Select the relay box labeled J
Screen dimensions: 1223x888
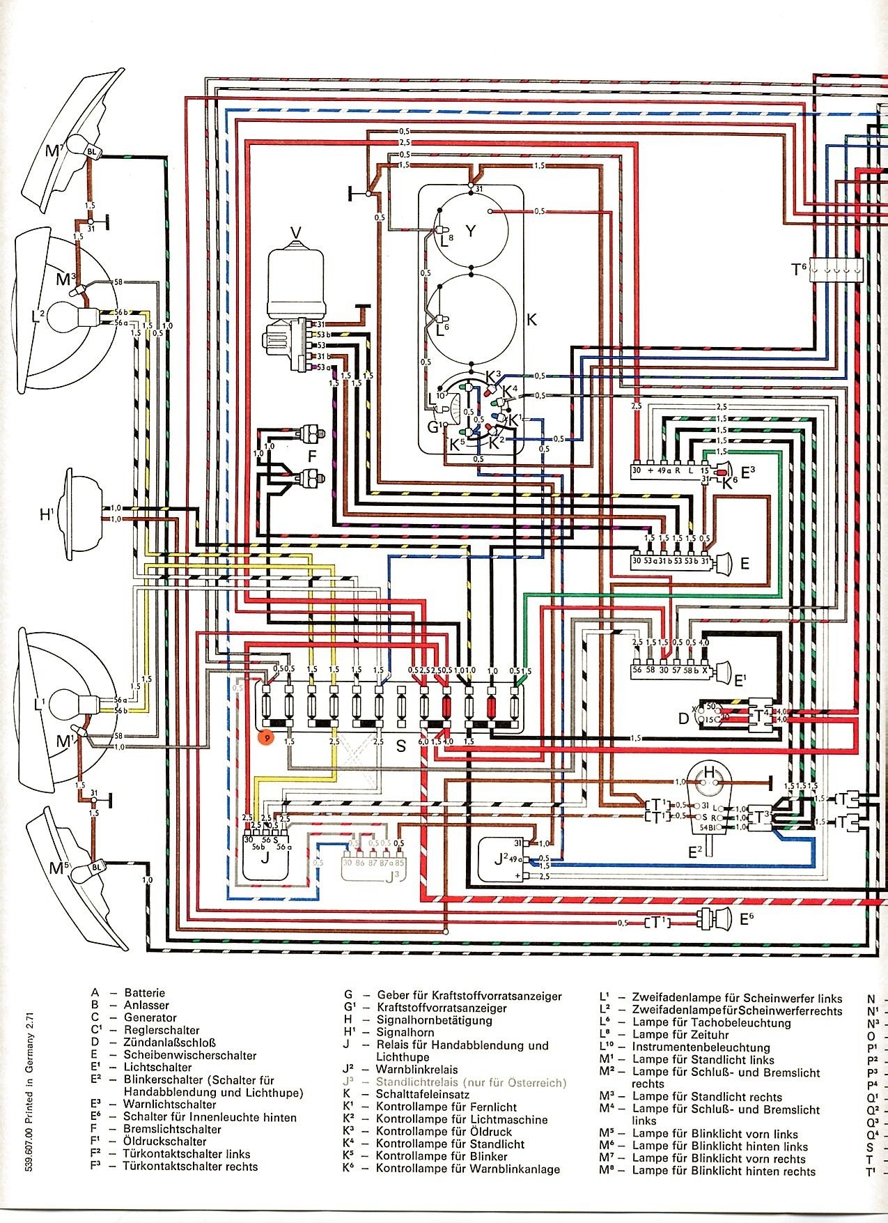pyautogui.click(x=265, y=858)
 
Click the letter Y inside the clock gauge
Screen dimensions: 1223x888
pyautogui.click(x=471, y=231)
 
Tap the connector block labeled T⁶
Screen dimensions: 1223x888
pyautogui.click(x=836, y=270)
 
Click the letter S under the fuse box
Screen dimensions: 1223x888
pyautogui.click(x=400, y=746)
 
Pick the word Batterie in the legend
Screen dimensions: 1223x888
pyautogui.click(x=145, y=992)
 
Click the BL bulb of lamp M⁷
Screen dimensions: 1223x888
pyautogui.click(x=92, y=150)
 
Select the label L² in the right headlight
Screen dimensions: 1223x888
pyautogui.click(x=38, y=315)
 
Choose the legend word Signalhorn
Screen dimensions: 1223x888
pyautogui.click(x=405, y=1032)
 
